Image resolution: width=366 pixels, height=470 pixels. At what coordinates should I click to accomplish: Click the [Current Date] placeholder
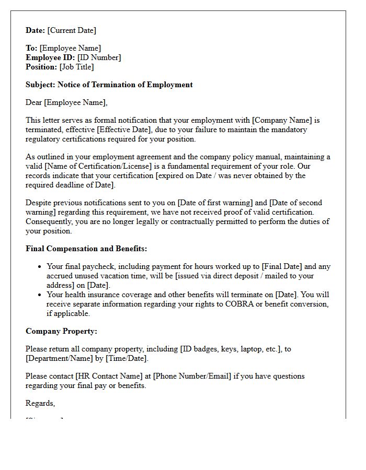click(x=72, y=30)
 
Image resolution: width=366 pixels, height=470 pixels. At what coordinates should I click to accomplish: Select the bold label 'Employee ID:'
click(x=50, y=57)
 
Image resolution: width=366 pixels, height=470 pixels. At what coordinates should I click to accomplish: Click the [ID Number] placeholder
click(x=99, y=57)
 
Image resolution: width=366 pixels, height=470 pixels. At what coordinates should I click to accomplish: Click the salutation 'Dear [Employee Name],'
click(x=66, y=102)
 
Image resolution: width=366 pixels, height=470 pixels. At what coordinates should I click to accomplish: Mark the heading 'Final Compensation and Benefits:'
click(x=86, y=249)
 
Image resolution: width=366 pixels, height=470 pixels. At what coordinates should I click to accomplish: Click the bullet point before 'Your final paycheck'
click(x=40, y=267)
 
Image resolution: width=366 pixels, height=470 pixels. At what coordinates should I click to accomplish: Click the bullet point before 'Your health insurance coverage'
click(x=40, y=295)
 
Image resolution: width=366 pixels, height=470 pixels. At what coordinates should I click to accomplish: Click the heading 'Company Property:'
click(x=61, y=331)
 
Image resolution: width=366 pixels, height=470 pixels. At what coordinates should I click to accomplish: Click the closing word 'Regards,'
click(x=40, y=403)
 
